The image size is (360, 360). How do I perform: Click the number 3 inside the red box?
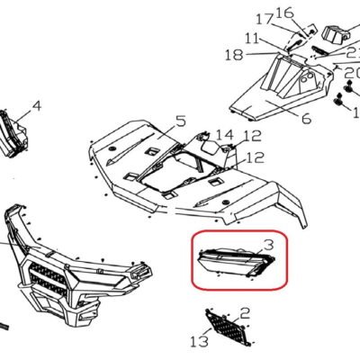point(268,245)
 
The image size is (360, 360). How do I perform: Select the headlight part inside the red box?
point(237,261)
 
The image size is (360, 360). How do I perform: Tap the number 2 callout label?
point(245,313)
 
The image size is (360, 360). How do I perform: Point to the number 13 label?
point(200,341)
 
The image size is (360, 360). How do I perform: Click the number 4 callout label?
point(37,106)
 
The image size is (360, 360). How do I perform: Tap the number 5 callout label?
point(181,121)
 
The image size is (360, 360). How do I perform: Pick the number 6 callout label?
point(306,119)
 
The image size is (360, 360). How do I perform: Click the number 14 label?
point(225,135)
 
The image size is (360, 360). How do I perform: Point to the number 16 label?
point(283,13)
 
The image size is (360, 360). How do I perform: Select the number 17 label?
point(265,20)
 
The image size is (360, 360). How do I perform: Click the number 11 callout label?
point(252,39)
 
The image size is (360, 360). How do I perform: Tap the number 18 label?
point(234,55)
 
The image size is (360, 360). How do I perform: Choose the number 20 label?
point(352,73)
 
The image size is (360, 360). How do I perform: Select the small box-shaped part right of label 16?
point(336,33)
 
